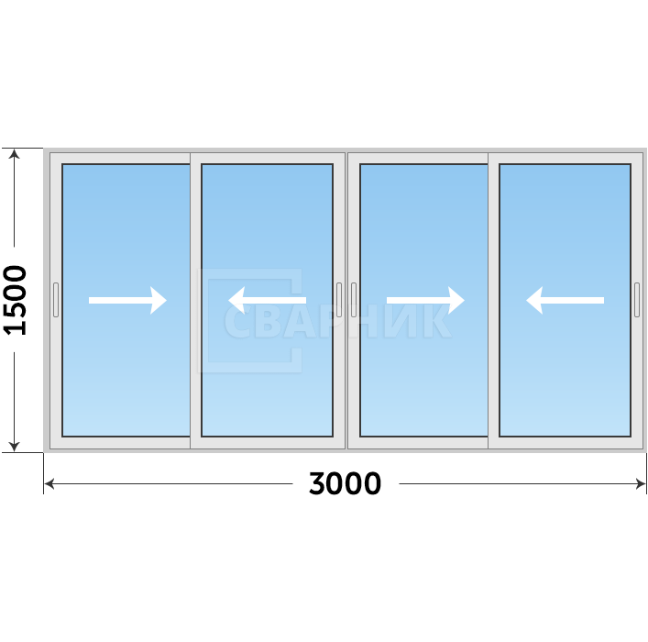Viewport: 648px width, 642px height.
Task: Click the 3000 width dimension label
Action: (345, 483)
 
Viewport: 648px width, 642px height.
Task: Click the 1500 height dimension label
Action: (15, 300)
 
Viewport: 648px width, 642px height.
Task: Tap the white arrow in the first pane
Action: (127, 300)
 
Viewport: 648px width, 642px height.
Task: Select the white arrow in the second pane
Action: (267, 300)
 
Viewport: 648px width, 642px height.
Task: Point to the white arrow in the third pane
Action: (425, 300)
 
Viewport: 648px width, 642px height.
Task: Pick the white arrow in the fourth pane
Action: (565, 300)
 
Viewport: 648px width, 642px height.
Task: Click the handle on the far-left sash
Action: (56, 300)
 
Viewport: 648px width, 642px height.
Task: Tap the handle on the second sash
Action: (339, 300)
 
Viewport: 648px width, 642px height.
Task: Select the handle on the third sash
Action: (354, 300)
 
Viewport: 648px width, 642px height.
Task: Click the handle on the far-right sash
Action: (637, 300)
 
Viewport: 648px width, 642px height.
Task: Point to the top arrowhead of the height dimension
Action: (14, 153)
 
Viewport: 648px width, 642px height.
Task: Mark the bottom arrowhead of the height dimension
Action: (14, 448)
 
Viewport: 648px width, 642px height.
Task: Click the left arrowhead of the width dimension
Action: (49, 483)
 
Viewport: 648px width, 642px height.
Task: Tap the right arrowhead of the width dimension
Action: (641, 483)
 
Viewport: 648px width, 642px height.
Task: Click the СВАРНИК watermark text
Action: (337, 321)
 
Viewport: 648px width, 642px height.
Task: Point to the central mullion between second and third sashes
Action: (346, 300)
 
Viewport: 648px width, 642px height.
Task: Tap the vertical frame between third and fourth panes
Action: (494, 300)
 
